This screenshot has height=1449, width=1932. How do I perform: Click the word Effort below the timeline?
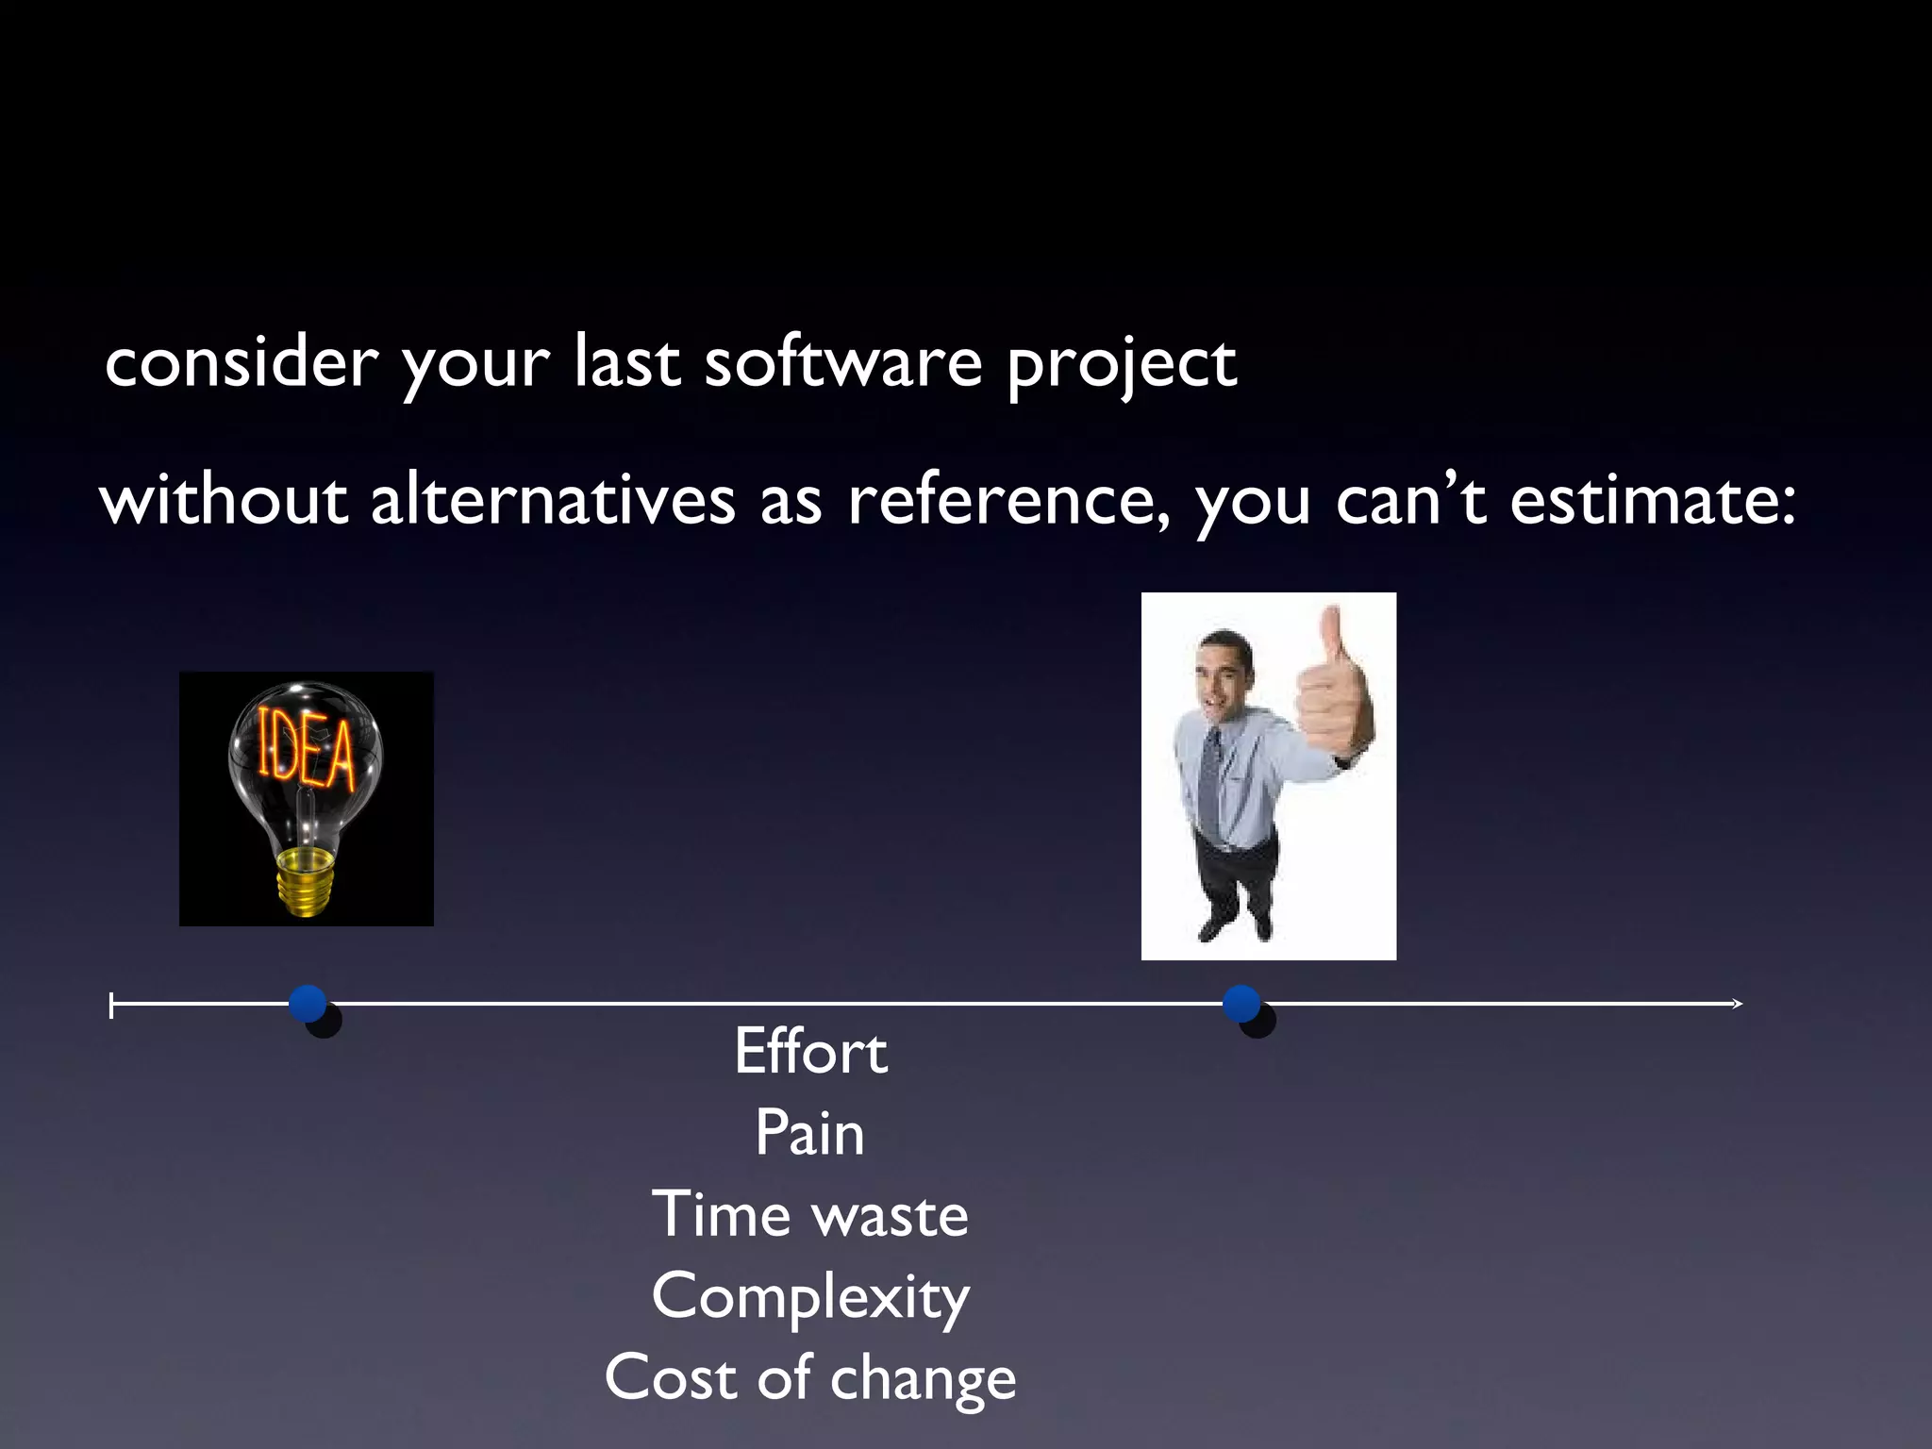point(810,1052)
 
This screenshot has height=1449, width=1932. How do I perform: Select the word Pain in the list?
point(809,1133)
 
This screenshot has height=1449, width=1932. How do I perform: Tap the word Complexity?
point(810,1297)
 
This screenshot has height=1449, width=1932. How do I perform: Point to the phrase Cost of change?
point(810,1378)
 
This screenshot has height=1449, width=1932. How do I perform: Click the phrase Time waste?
point(810,1215)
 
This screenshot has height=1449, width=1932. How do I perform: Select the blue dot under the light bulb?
point(308,1004)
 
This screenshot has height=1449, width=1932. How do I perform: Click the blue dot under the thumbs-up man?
point(1241,1004)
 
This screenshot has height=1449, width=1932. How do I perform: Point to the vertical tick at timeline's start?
point(112,1006)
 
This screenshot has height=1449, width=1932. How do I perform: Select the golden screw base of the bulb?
point(305,879)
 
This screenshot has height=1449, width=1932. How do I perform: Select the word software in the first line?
point(842,363)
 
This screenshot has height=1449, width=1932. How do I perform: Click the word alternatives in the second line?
point(552,500)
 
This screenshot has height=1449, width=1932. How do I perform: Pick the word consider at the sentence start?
point(241,363)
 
